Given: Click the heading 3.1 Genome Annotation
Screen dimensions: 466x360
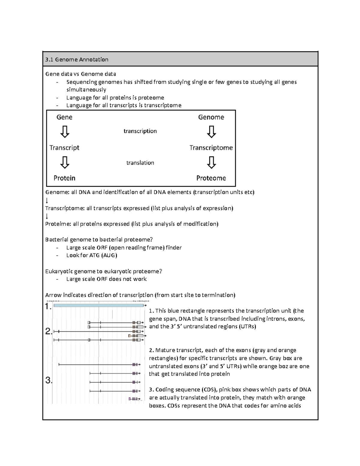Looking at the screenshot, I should [77, 59].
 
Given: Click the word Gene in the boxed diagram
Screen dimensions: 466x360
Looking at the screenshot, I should [64, 117].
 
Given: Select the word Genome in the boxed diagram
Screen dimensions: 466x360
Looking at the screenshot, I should [211, 117].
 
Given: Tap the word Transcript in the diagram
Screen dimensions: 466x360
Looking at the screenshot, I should [64, 148].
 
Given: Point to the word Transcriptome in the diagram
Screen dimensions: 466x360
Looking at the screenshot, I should [211, 148].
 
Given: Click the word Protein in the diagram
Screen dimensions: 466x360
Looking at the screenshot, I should [64, 178].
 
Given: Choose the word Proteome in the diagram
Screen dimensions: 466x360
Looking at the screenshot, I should [211, 178].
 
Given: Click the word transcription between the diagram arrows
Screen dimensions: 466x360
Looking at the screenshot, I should [140, 131].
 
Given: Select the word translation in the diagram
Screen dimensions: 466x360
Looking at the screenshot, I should [140, 163].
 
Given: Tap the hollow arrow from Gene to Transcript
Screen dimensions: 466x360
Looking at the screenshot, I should [65, 131].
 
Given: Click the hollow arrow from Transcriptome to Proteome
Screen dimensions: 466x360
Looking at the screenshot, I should [211, 163].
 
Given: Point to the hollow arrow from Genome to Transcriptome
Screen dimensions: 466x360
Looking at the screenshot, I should [211, 131].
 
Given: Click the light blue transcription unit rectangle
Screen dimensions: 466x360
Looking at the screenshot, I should [98, 305].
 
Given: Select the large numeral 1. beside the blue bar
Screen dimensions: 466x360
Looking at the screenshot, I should [48, 307].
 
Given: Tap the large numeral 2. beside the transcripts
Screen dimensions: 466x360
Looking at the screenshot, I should [49, 332].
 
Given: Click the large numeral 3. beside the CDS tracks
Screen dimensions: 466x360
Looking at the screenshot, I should [49, 380].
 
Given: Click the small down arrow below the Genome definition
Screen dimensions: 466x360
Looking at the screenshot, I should [47, 200].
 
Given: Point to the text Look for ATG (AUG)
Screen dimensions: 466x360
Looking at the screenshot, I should [91, 255].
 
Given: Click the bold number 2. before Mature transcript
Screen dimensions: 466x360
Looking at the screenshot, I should [151, 350].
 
